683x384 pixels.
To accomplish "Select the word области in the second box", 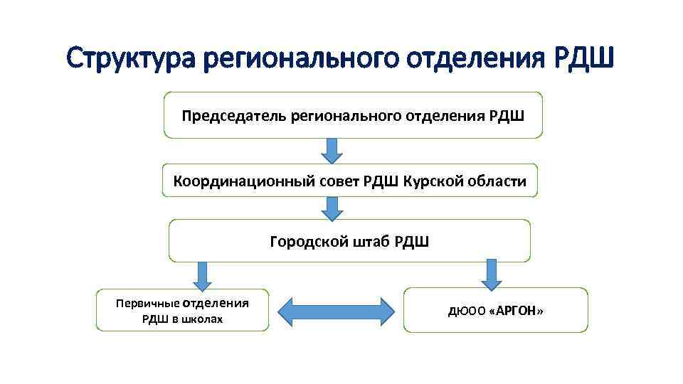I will coord(499,181).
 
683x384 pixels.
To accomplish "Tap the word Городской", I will coord(308,242).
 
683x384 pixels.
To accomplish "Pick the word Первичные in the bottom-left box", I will coord(143,303).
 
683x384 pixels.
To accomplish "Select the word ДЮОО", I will coord(462,311).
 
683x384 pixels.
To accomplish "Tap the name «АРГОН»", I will coord(517,311).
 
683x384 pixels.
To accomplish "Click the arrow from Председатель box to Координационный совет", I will coord(331,151).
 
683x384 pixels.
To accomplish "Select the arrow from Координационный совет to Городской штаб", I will coord(331,208).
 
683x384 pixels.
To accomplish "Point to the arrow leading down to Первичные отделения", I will coord(202,274).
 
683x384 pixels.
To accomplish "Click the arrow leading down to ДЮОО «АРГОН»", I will coord(490,272).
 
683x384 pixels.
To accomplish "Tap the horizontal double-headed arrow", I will coord(335,311).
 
